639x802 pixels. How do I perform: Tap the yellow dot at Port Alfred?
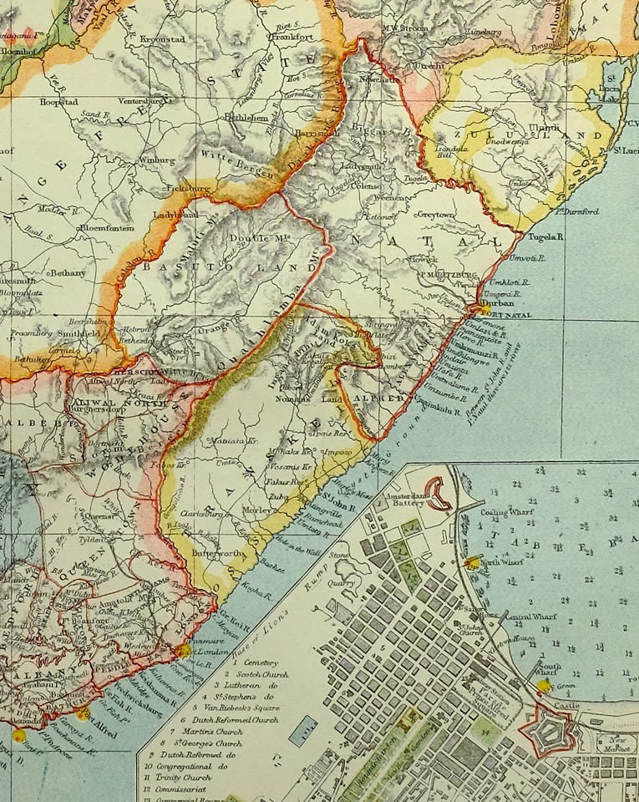tap(81, 713)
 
